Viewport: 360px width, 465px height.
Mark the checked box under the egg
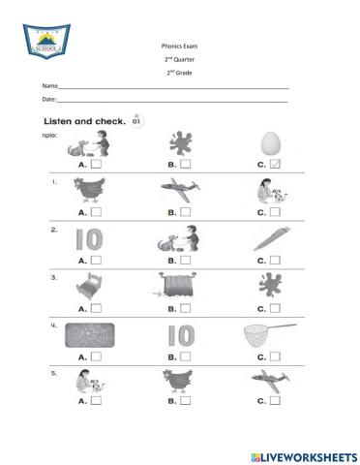coord(277,164)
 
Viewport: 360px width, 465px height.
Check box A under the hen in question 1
coord(97,211)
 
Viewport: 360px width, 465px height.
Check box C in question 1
coord(277,211)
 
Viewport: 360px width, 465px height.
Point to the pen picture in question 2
coord(269,241)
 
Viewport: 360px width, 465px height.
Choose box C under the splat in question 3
coord(277,307)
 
